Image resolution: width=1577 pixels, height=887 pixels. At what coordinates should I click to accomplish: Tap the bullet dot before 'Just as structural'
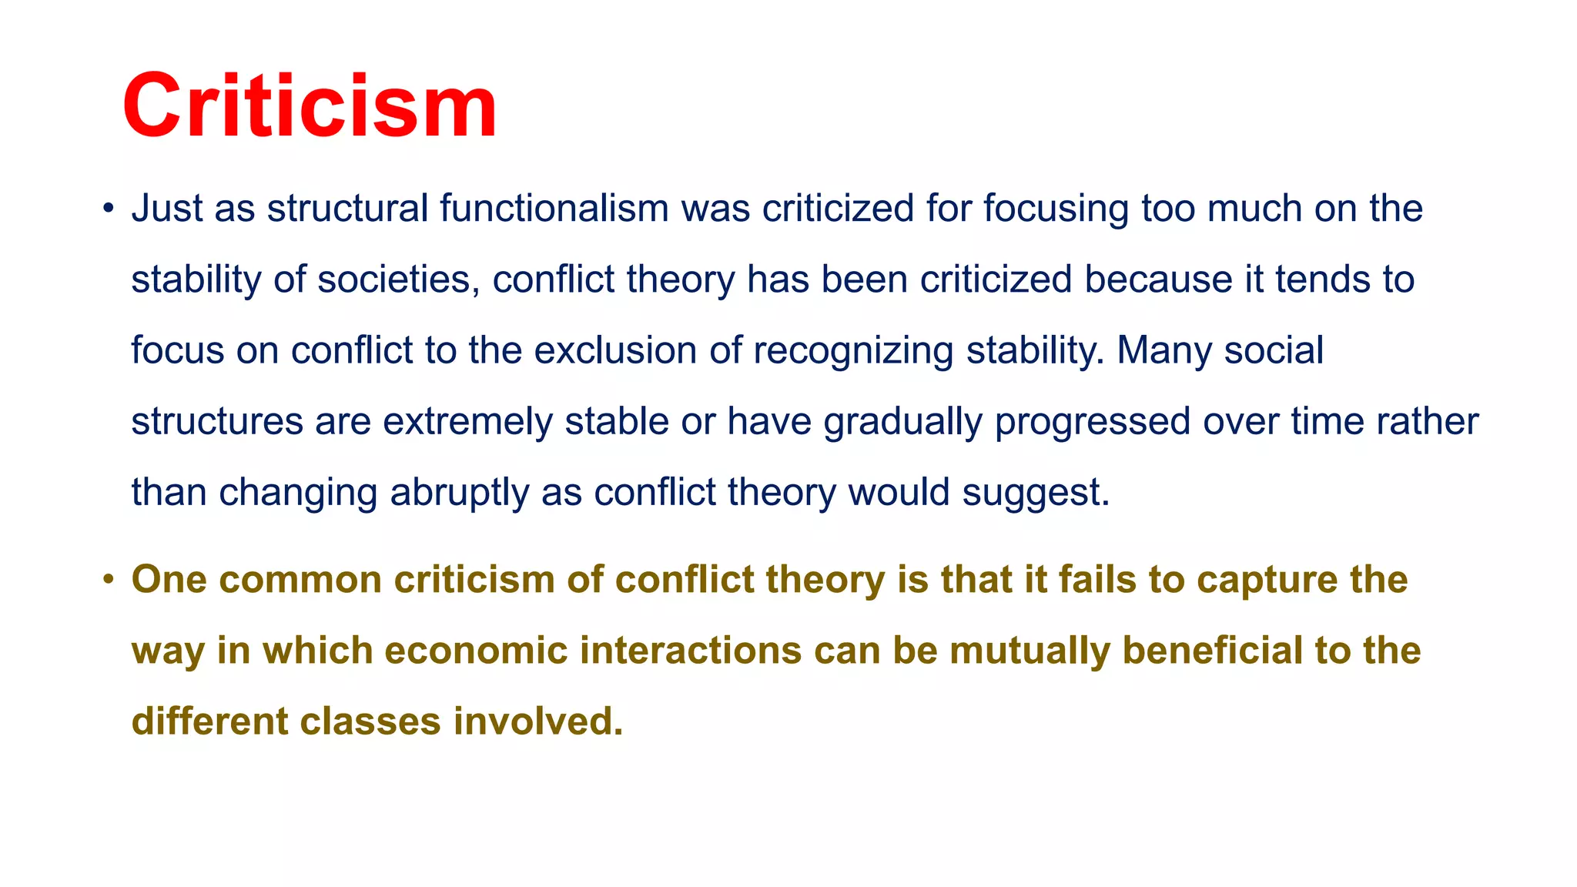(x=109, y=209)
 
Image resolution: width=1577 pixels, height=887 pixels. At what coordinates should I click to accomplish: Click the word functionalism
(x=554, y=209)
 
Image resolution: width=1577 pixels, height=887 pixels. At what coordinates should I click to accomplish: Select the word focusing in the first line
(x=1056, y=209)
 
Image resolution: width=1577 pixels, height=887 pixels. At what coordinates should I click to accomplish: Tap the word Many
(x=1164, y=350)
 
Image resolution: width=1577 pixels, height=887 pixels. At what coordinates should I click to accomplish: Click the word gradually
(x=902, y=422)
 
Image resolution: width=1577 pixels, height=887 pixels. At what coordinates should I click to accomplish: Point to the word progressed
(x=1093, y=422)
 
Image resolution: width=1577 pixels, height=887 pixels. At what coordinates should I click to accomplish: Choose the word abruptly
(x=459, y=493)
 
